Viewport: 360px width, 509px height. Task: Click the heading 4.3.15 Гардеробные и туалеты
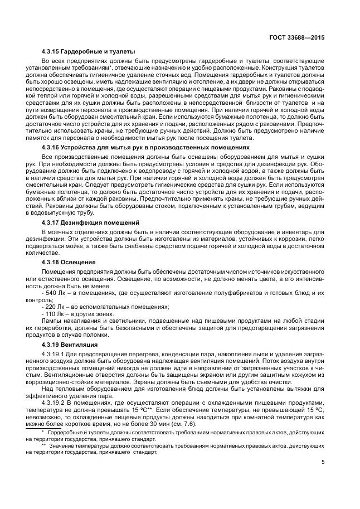click(89, 51)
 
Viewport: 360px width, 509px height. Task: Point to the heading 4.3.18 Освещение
click(69, 261)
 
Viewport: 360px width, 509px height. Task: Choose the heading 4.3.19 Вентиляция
click(70, 344)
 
